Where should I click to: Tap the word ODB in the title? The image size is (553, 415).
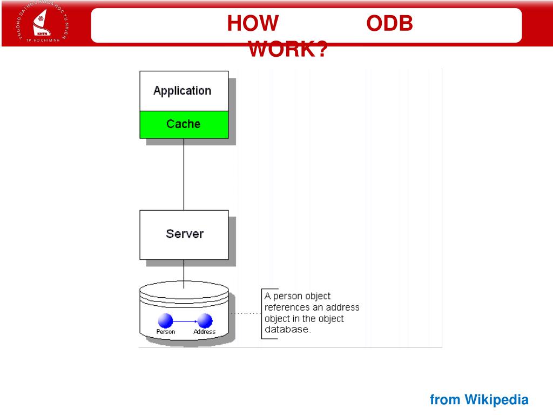[x=390, y=24]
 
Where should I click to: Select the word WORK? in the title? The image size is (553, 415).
[x=288, y=50]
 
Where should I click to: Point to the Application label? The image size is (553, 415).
[x=182, y=91]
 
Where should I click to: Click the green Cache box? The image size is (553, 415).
[x=184, y=124]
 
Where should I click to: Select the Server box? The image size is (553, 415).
[x=184, y=235]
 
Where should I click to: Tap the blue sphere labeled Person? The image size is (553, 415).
[x=166, y=320]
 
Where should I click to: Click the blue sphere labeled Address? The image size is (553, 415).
[x=205, y=320]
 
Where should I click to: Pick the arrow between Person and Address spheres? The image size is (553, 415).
[x=185, y=321]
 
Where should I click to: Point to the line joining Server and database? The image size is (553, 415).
[x=184, y=273]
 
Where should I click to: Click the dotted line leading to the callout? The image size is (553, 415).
[x=245, y=313]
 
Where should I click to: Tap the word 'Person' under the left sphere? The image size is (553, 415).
[x=166, y=332]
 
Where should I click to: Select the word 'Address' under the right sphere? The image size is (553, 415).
[x=205, y=332]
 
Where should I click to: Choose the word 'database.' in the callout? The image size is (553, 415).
[x=288, y=330]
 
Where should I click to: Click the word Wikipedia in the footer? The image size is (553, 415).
[x=496, y=400]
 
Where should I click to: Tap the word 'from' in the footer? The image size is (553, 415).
[x=445, y=400]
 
